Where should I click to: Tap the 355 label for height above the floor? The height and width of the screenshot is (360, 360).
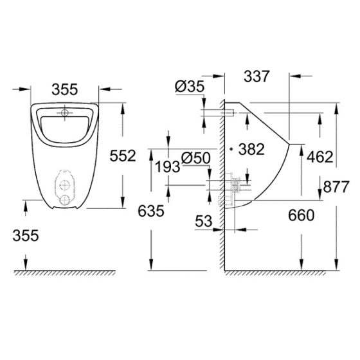click(26, 235)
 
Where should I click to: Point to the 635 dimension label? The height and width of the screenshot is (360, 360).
click(150, 210)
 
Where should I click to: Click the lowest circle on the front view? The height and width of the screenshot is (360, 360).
click(64, 200)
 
